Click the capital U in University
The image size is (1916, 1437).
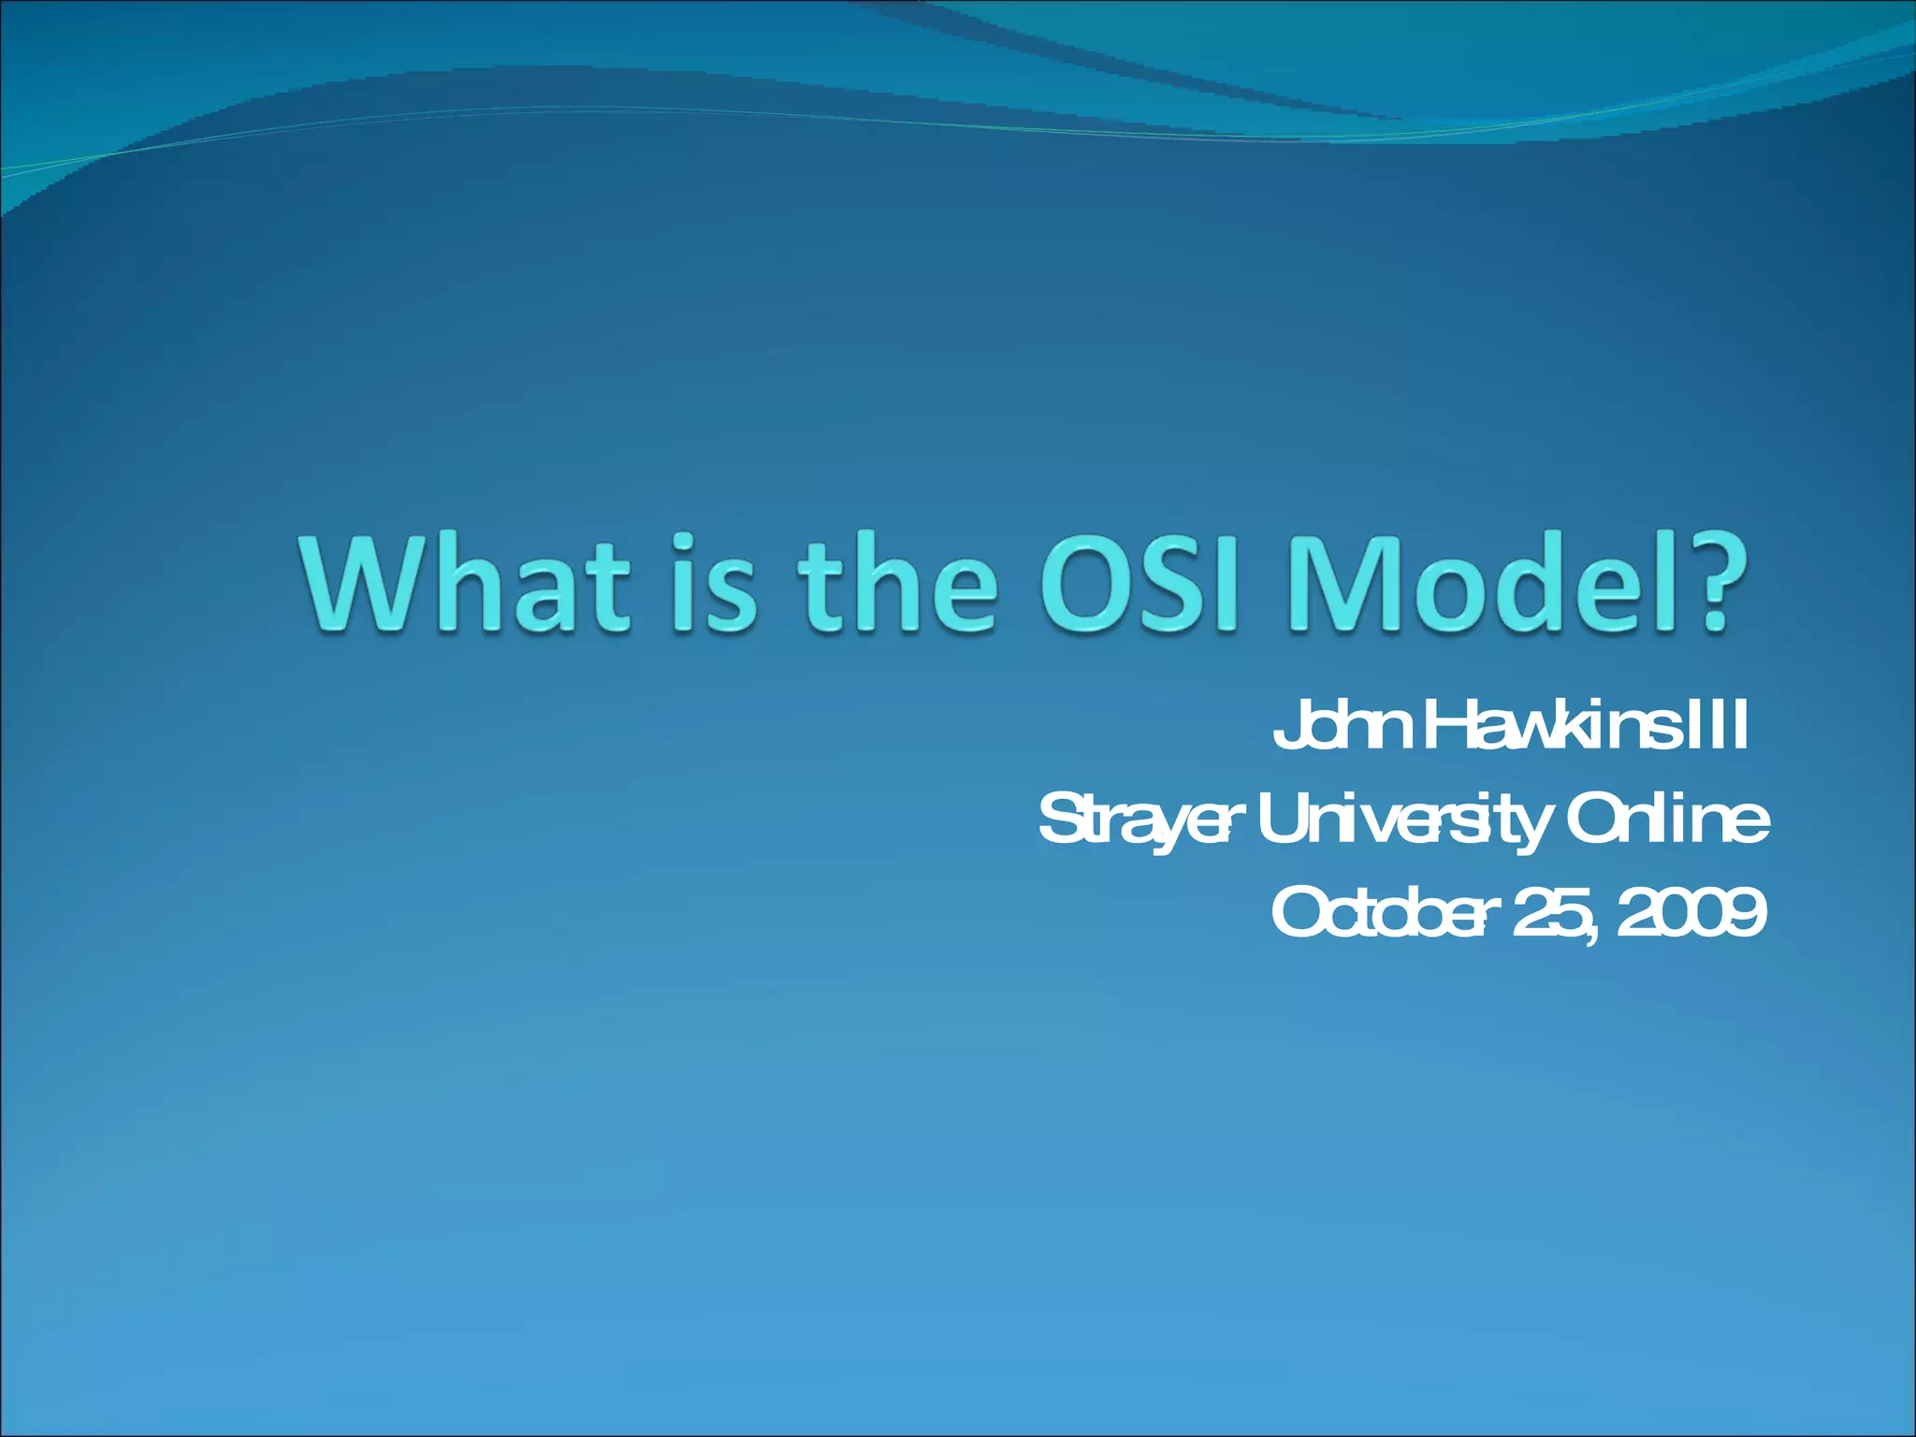pos(1284,820)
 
